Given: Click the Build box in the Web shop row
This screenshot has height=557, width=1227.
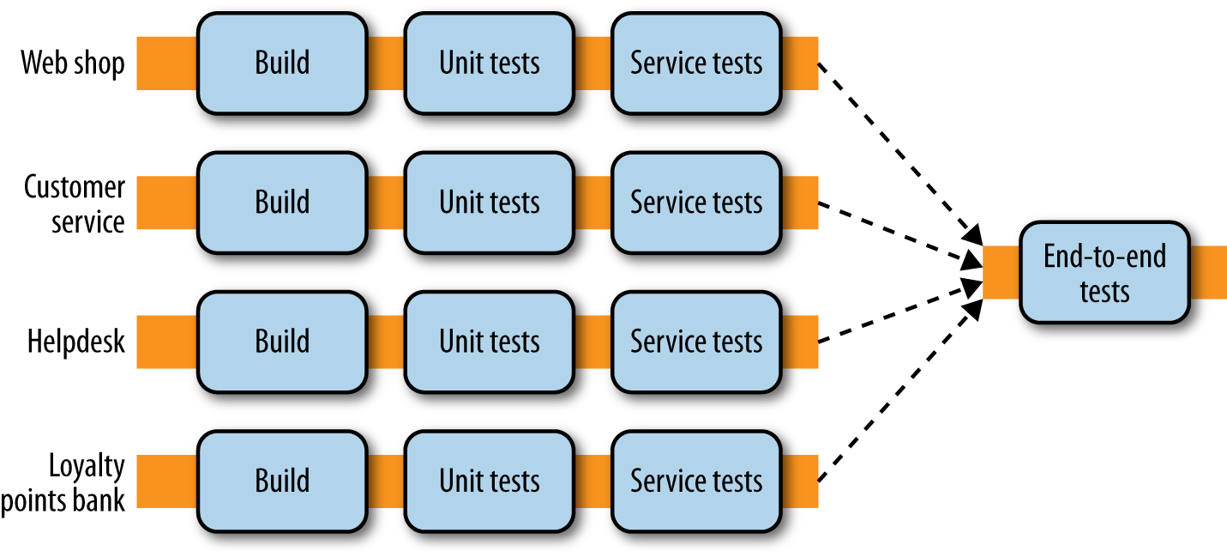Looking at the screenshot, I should coord(282,63).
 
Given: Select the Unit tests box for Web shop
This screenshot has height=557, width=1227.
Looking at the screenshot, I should coord(489,63).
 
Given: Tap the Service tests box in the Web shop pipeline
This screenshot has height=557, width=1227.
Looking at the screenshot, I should coord(695,63).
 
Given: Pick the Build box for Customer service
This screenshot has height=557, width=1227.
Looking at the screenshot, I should coord(282,203).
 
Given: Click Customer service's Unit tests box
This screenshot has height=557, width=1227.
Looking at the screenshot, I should coord(489,203).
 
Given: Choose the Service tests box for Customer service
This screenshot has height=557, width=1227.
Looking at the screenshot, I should coord(695,203).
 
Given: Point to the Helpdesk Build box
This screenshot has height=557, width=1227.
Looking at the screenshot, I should coord(282,342).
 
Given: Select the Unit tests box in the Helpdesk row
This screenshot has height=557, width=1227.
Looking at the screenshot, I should coord(489,342).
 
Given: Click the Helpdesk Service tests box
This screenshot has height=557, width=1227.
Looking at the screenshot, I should coord(695,342).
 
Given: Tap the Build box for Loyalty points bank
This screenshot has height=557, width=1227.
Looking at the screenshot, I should coord(282,481).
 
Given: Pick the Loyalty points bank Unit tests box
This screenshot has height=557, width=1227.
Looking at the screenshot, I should coord(489,481).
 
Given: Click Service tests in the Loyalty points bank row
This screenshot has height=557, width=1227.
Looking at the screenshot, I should coord(695,481).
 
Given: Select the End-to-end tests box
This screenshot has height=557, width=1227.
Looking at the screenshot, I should coord(1104,272).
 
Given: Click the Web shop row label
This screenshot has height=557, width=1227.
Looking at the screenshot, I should coord(73,63).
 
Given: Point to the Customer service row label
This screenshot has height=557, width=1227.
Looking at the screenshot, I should coord(75,203).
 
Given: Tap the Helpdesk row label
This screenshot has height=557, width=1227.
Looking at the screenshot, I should coord(75,342).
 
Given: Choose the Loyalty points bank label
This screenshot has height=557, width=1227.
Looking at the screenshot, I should coord(64,483).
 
